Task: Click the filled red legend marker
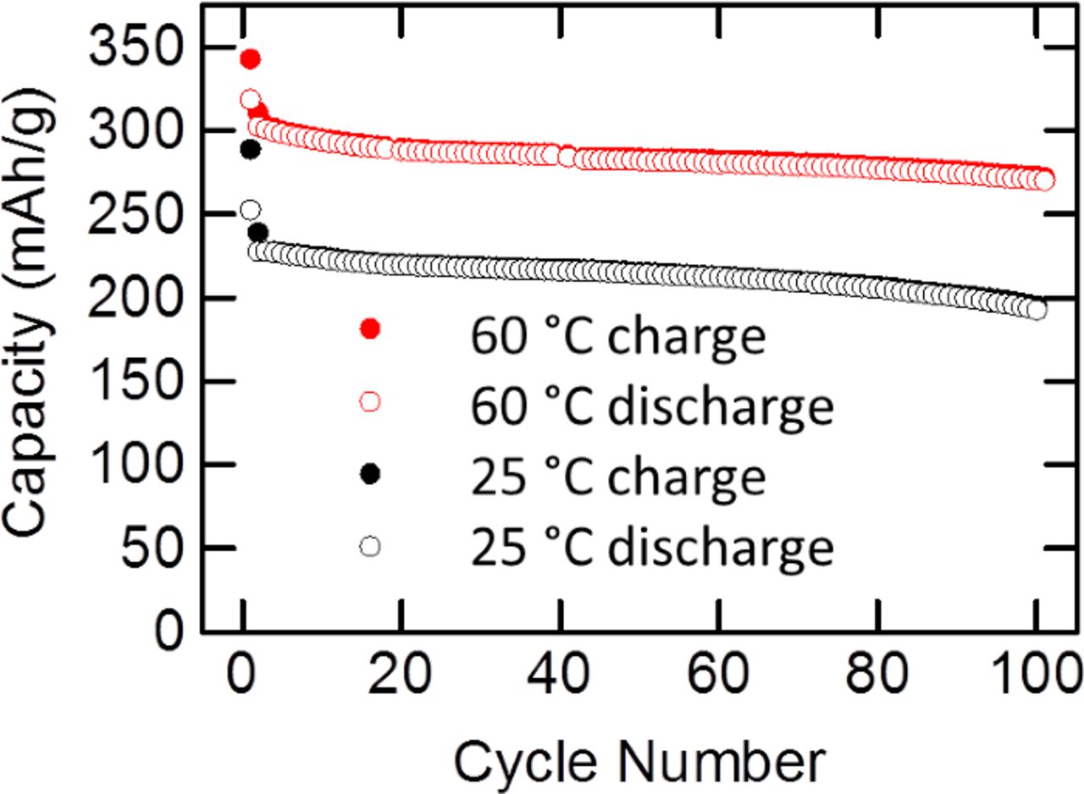(x=370, y=329)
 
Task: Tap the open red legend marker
(x=370, y=402)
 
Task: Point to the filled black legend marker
(x=370, y=475)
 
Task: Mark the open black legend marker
(x=370, y=547)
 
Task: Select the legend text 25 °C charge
(x=619, y=477)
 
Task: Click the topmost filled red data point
(x=250, y=59)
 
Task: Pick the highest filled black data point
(x=250, y=150)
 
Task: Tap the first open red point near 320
(x=250, y=100)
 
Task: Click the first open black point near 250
(x=250, y=209)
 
